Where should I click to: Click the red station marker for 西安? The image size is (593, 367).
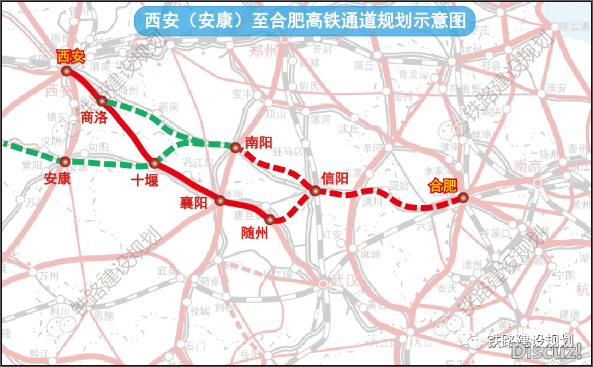(66, 70)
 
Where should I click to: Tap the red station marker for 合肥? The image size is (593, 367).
(463, 197)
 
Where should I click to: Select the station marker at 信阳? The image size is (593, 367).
(315, 191)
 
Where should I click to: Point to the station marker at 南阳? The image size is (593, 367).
(234, 147)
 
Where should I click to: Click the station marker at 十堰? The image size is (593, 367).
(154, 163)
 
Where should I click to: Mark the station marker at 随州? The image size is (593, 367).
(270, 219)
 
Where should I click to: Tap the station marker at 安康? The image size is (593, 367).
(65, 161)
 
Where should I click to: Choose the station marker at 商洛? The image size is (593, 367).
(102, 101)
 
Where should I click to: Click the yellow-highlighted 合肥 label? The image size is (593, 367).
(443, 184)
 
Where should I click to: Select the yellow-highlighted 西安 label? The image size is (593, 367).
(70, 55)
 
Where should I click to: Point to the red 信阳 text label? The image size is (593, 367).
(334, 178)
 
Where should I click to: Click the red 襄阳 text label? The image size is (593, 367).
(193, 203)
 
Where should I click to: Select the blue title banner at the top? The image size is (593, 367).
(305, 21)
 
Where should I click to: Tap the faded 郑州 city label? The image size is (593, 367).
(264, 50)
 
